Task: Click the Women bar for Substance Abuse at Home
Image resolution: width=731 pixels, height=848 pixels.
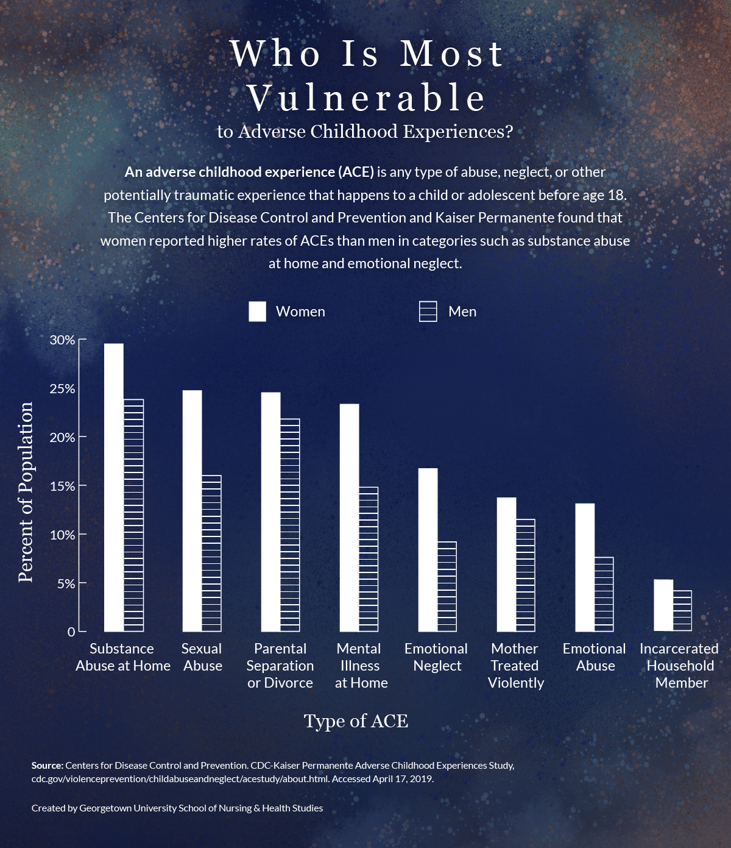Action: click(114, 488)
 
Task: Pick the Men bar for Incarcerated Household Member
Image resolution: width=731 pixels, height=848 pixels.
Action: click(682, 611)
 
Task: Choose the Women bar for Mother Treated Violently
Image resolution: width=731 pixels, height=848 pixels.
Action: click(506, 565)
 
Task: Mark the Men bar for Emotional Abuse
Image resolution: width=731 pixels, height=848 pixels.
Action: click(604, 594)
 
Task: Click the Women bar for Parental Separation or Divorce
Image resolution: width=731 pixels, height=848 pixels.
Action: click(271, 512)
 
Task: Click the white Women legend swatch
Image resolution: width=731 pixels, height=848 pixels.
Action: click(257, 312)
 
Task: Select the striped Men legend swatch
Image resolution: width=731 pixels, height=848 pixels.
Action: click(428, 312)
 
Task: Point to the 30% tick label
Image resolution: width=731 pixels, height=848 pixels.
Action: click(62, 340)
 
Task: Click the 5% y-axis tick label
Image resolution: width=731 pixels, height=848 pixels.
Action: click(66, 584)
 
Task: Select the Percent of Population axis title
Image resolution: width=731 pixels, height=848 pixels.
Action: click(26, 493)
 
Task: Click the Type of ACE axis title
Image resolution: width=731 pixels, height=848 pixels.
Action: click(356, 721)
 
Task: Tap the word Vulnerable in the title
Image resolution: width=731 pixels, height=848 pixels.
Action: click(366, 98)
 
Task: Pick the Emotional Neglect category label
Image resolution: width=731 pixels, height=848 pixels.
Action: click(436, 657)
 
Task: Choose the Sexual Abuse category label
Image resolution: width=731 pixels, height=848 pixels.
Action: click(202, 657)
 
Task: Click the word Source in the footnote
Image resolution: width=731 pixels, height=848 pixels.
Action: click(47, 765)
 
